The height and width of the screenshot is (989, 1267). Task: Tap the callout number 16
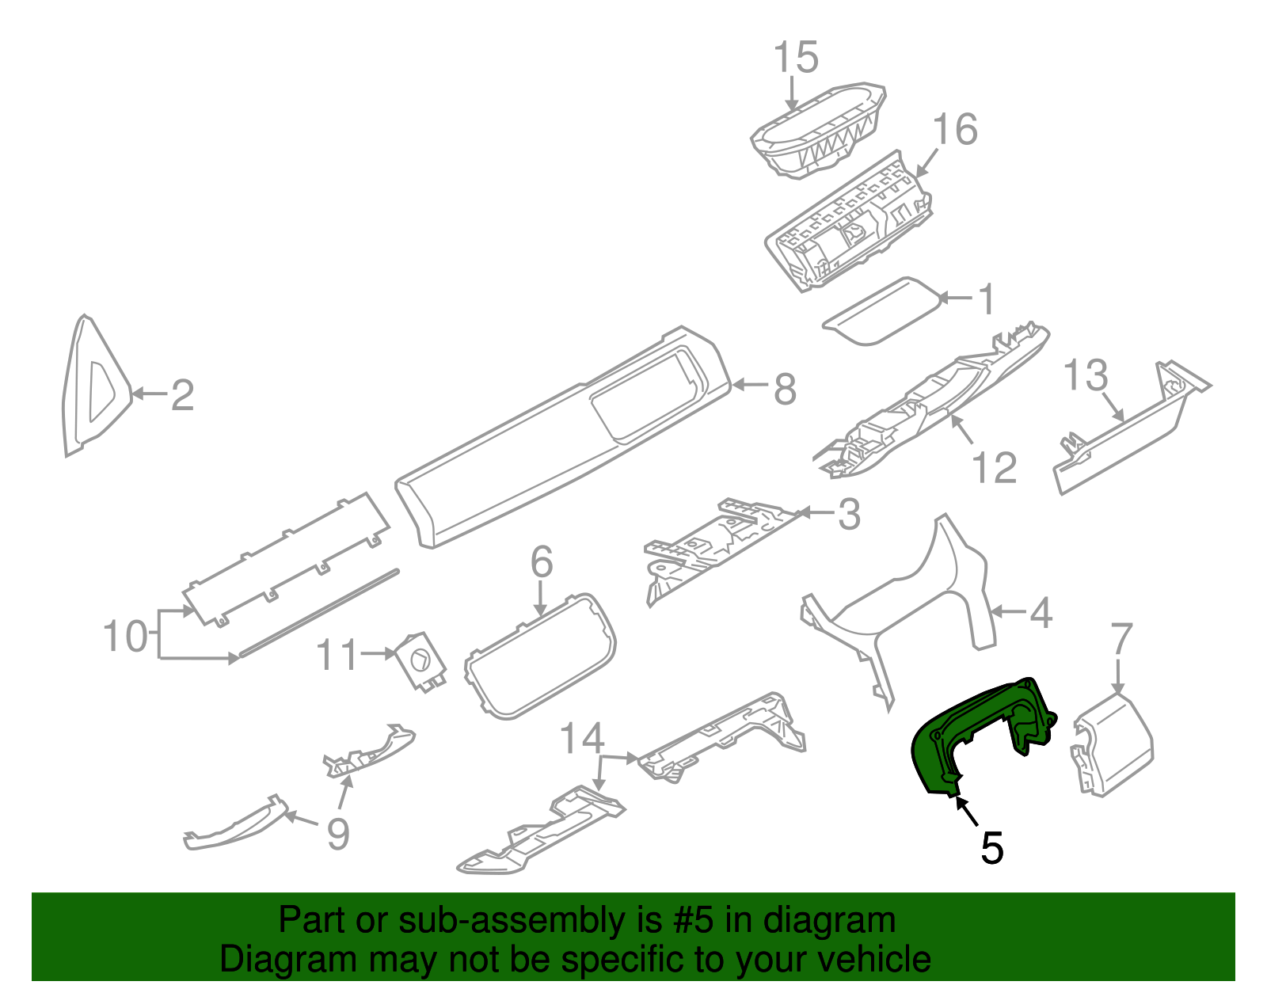(955, 129)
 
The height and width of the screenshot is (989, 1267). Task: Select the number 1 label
(986, 299)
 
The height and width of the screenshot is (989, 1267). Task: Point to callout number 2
(183, 394)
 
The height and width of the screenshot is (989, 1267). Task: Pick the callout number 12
(994, 467)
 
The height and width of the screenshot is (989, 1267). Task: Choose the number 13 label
(1085, 375)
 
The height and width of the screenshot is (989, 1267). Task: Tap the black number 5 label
(991, 848)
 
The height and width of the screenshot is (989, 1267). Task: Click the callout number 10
(125, 636)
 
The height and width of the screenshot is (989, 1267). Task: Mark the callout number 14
(582, 739)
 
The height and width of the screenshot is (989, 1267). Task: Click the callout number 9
(338, 834)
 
